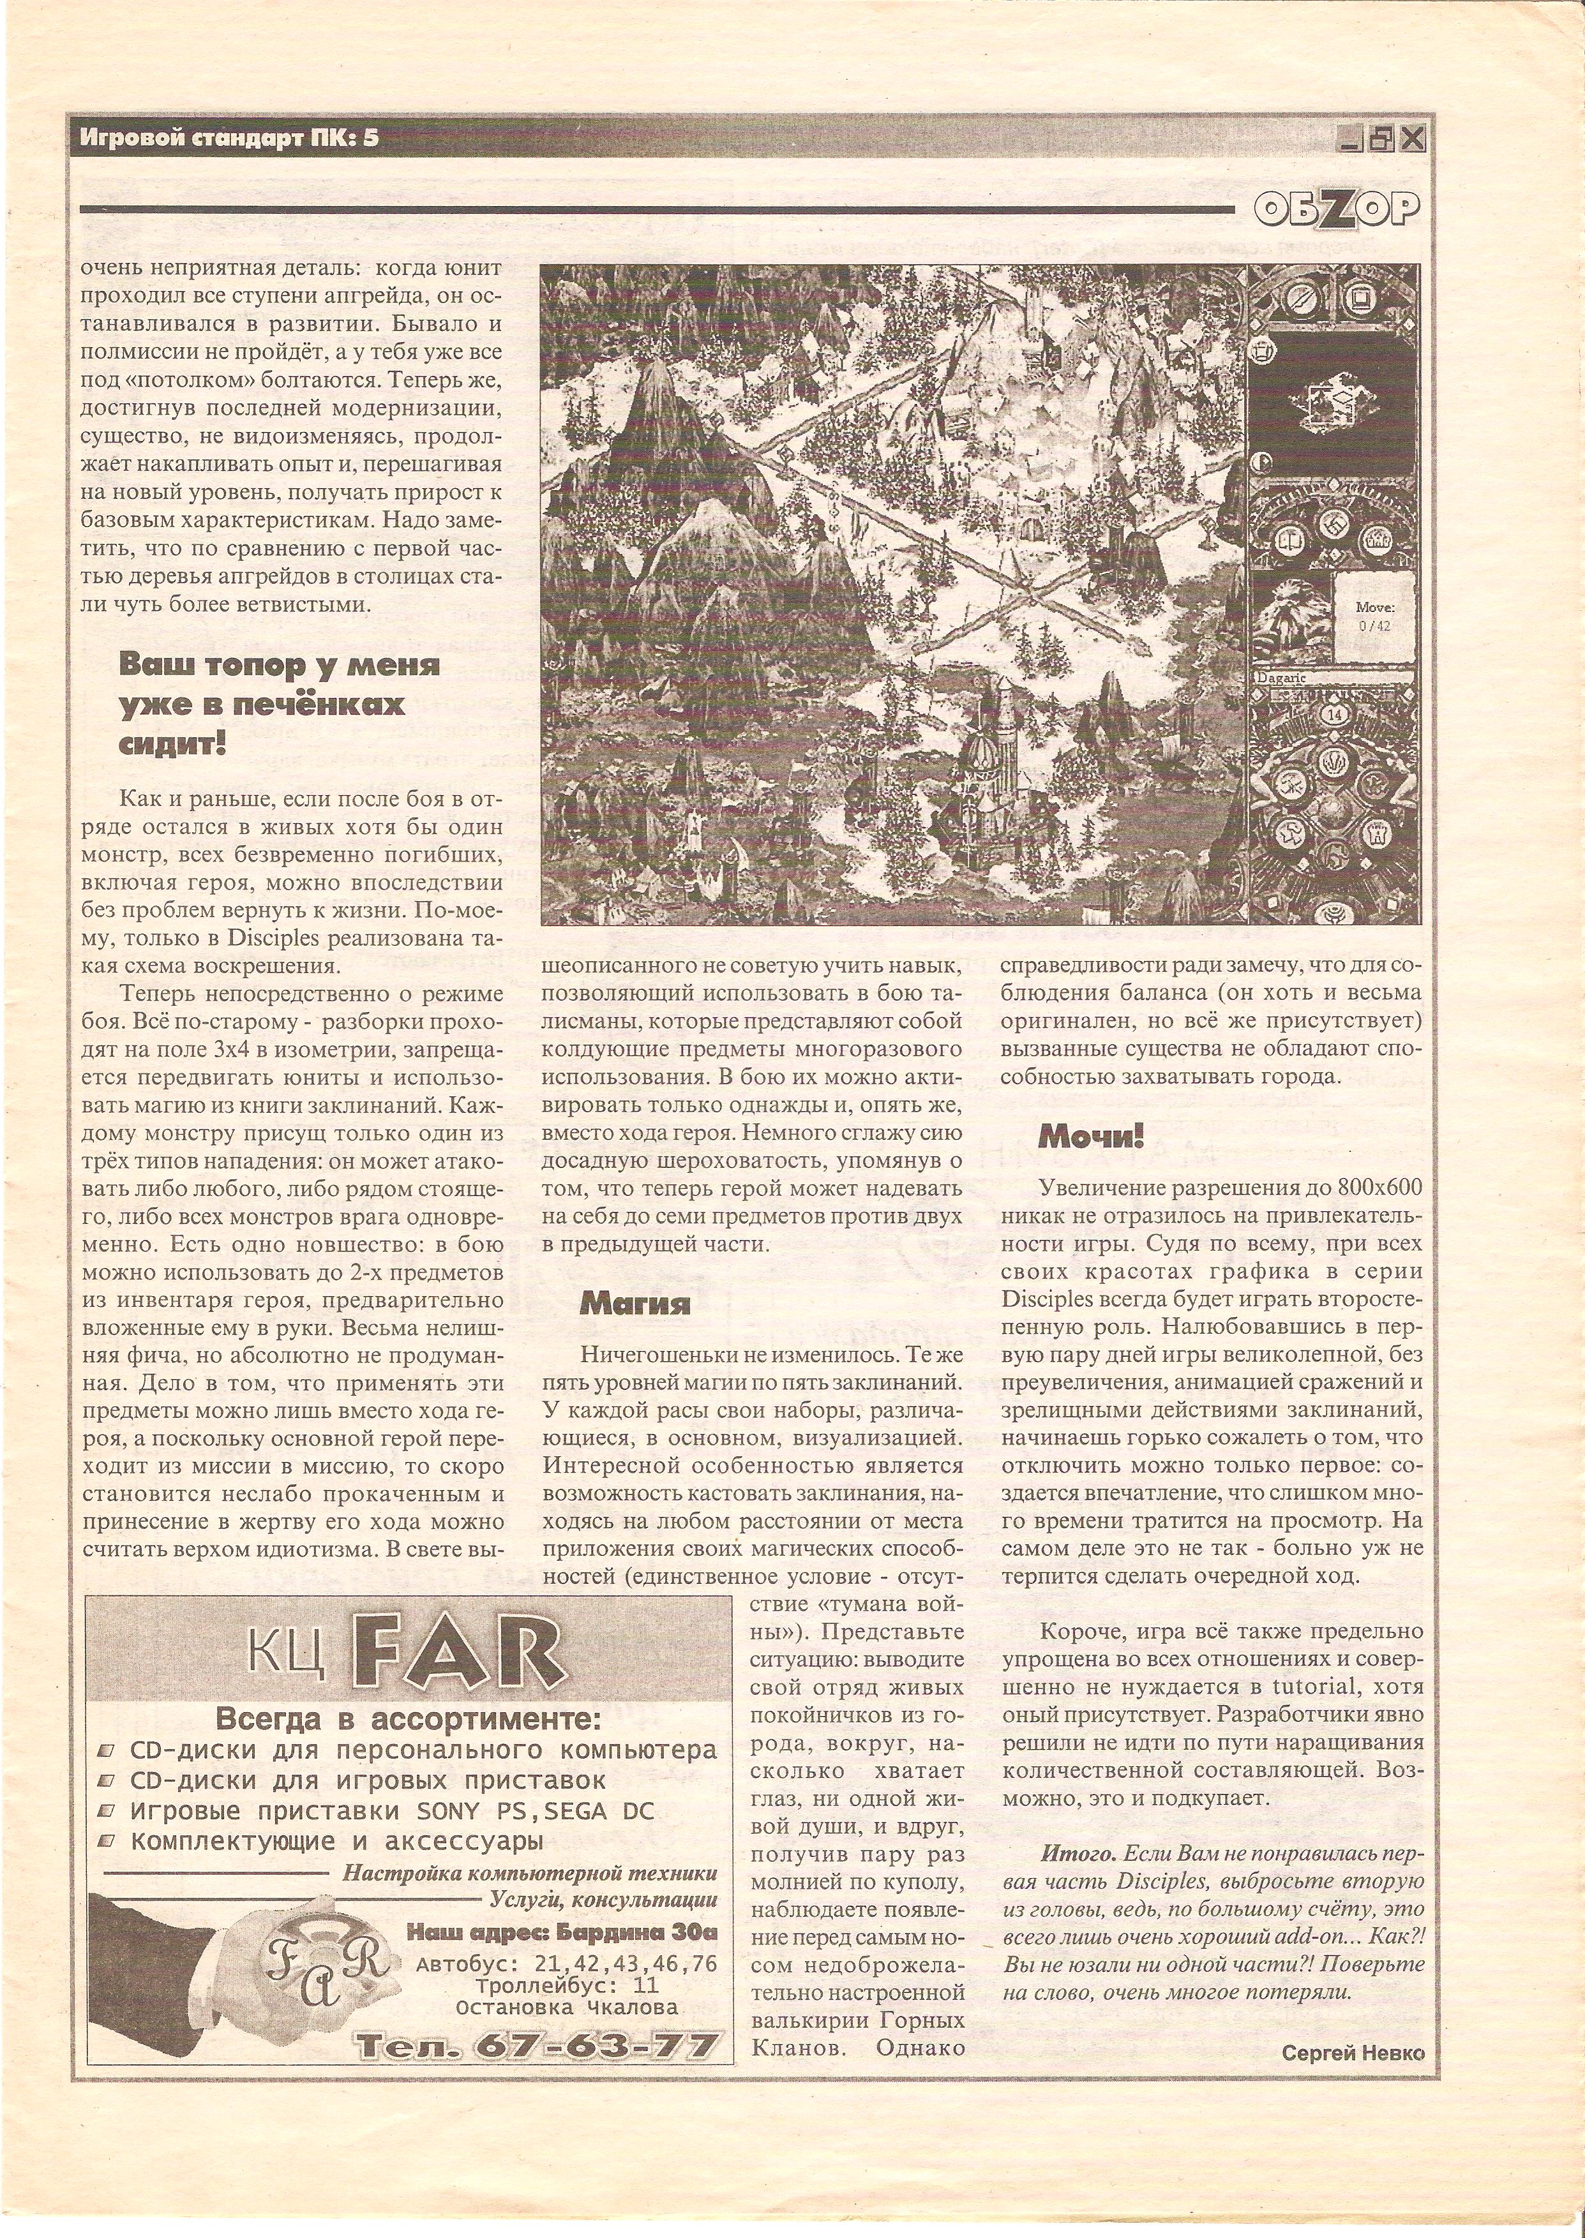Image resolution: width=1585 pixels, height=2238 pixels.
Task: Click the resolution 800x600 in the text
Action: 1375,1186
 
